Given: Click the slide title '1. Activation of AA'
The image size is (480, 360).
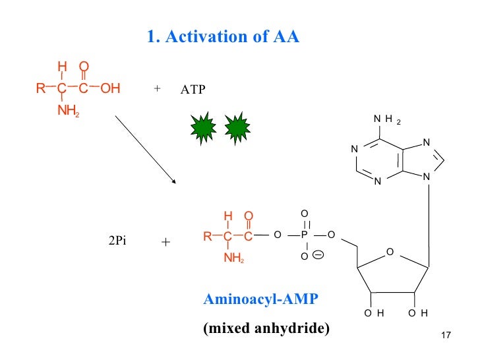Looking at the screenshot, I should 223,36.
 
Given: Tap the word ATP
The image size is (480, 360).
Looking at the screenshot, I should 193,90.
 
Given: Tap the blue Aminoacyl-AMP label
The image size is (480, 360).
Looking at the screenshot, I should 260,299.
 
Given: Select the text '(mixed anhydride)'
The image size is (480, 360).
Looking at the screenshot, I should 266,328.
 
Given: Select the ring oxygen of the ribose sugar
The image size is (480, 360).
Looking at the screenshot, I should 389,252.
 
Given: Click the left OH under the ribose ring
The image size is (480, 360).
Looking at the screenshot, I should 374,313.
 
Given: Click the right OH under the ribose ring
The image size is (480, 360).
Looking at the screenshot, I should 418,313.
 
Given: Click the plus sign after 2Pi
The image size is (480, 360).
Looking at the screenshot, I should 165,242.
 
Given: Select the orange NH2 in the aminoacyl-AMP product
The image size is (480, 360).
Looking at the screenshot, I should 233,258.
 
